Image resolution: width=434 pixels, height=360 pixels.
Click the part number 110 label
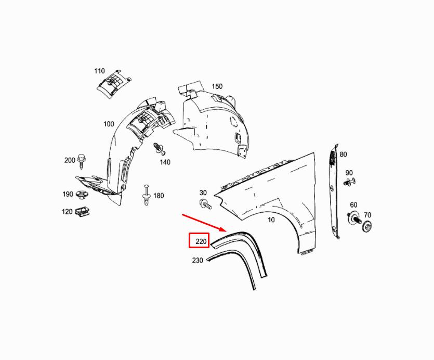coord(99,71)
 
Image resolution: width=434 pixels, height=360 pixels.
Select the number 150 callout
coord(217,87)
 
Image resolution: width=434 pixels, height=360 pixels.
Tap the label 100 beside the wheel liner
coord(109,124)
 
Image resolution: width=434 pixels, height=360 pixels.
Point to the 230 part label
coord(198,260)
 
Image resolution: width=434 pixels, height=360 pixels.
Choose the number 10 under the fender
coord(271,220)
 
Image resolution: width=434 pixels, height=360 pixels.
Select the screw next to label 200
coord(82,160)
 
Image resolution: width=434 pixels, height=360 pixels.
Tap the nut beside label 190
coord(81,195)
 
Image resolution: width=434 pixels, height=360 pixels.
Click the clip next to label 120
coord(81,212)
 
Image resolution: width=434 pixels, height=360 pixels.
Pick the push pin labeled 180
coord(146,195)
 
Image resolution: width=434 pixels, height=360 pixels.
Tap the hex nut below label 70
coord(367,226)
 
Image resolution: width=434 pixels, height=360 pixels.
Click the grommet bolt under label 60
coord(354,218)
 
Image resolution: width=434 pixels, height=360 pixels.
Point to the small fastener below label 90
coord(349,182)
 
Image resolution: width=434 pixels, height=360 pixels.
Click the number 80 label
coord(343,155)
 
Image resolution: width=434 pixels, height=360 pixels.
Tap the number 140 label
coord(165,162)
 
